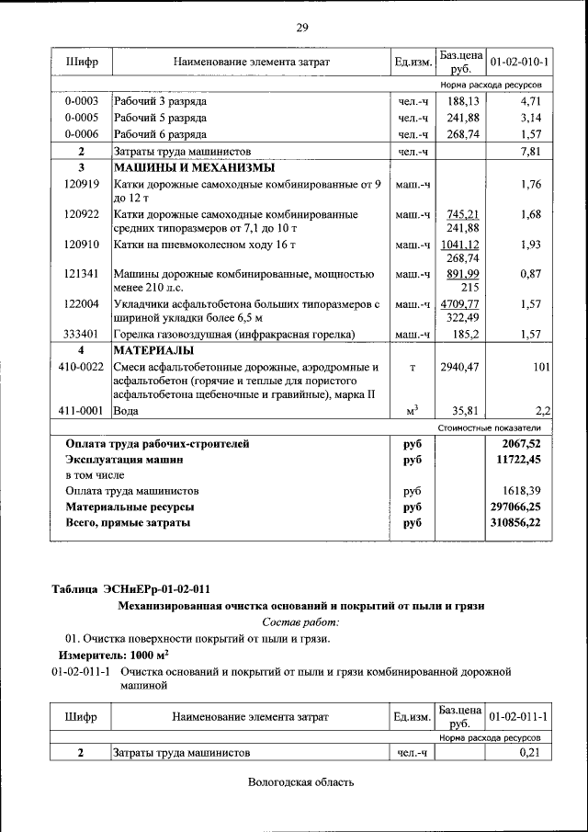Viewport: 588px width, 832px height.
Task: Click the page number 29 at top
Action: tap(301, 27)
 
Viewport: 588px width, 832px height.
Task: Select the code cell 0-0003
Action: tap(82, 101)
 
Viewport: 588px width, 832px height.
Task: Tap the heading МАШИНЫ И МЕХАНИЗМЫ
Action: tap(193, 168)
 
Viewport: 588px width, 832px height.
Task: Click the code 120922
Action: tap(82, 214)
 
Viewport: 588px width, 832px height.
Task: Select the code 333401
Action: tap(82, 335)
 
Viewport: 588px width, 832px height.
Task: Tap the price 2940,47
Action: tap(460, 368)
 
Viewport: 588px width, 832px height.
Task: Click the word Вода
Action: tap(127, 411)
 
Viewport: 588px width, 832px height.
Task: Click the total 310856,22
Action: tap(514, 523)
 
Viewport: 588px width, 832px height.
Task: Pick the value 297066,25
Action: tap(514, 507)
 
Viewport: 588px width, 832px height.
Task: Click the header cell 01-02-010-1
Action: tap(519, 62)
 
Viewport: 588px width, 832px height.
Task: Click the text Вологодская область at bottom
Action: tap(300, 782)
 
